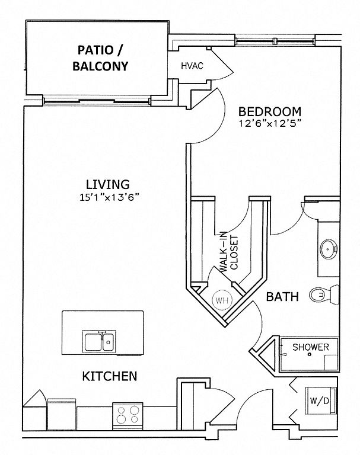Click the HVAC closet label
point(192,66)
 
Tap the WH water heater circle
point(222,300)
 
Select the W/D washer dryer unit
point(320,400)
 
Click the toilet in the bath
point(324,295)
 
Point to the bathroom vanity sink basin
point(329,249)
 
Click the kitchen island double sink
point(98,341)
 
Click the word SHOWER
point(311,347)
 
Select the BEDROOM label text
point(270,111)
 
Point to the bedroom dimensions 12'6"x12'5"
point(270,124)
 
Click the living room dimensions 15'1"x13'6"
point(108,198)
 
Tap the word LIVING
point(107,185)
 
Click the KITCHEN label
point(110,376)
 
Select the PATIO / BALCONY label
point(100,58)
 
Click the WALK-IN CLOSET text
point(230,253)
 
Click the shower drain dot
point(310,355)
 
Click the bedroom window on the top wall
point(275,41)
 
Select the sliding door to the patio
point(97,101)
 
